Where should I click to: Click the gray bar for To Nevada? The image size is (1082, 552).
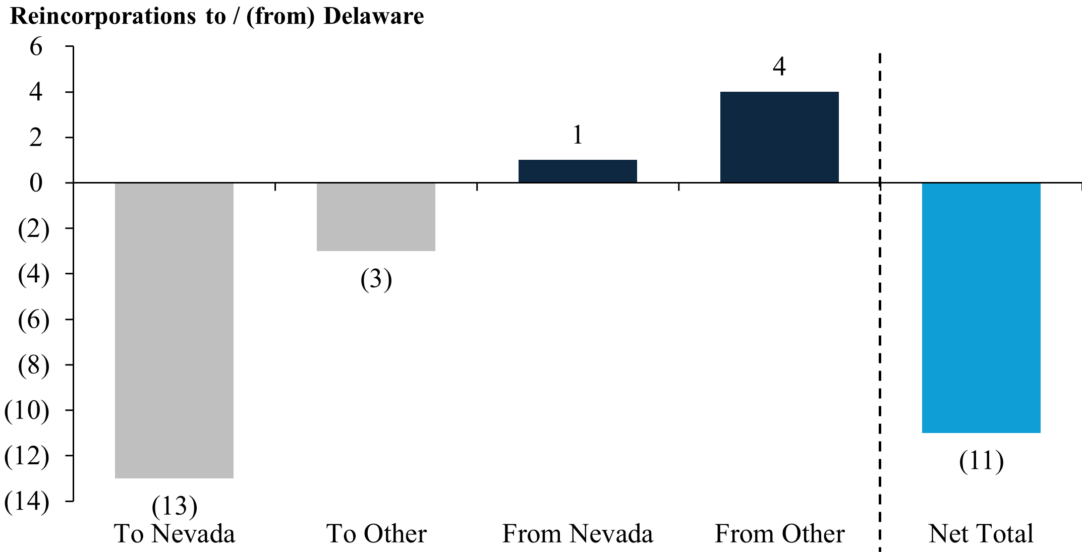174,330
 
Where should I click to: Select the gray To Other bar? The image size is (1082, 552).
376,217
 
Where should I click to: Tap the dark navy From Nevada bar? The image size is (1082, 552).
578,171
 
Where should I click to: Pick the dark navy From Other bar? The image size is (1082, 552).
779,137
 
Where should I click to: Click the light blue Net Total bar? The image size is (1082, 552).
981,308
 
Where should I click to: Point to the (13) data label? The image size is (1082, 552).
174,506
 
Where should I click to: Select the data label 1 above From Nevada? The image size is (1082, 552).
578,135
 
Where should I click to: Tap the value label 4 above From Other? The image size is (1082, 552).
779,67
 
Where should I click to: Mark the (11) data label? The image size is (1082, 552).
981,461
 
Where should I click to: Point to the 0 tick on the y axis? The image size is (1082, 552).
36,183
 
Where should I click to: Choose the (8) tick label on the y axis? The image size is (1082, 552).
33,365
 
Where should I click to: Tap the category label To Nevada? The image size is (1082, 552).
174,534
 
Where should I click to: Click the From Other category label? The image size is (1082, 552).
779,534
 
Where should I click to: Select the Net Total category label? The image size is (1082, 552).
981,534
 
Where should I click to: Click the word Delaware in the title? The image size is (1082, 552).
373,16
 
